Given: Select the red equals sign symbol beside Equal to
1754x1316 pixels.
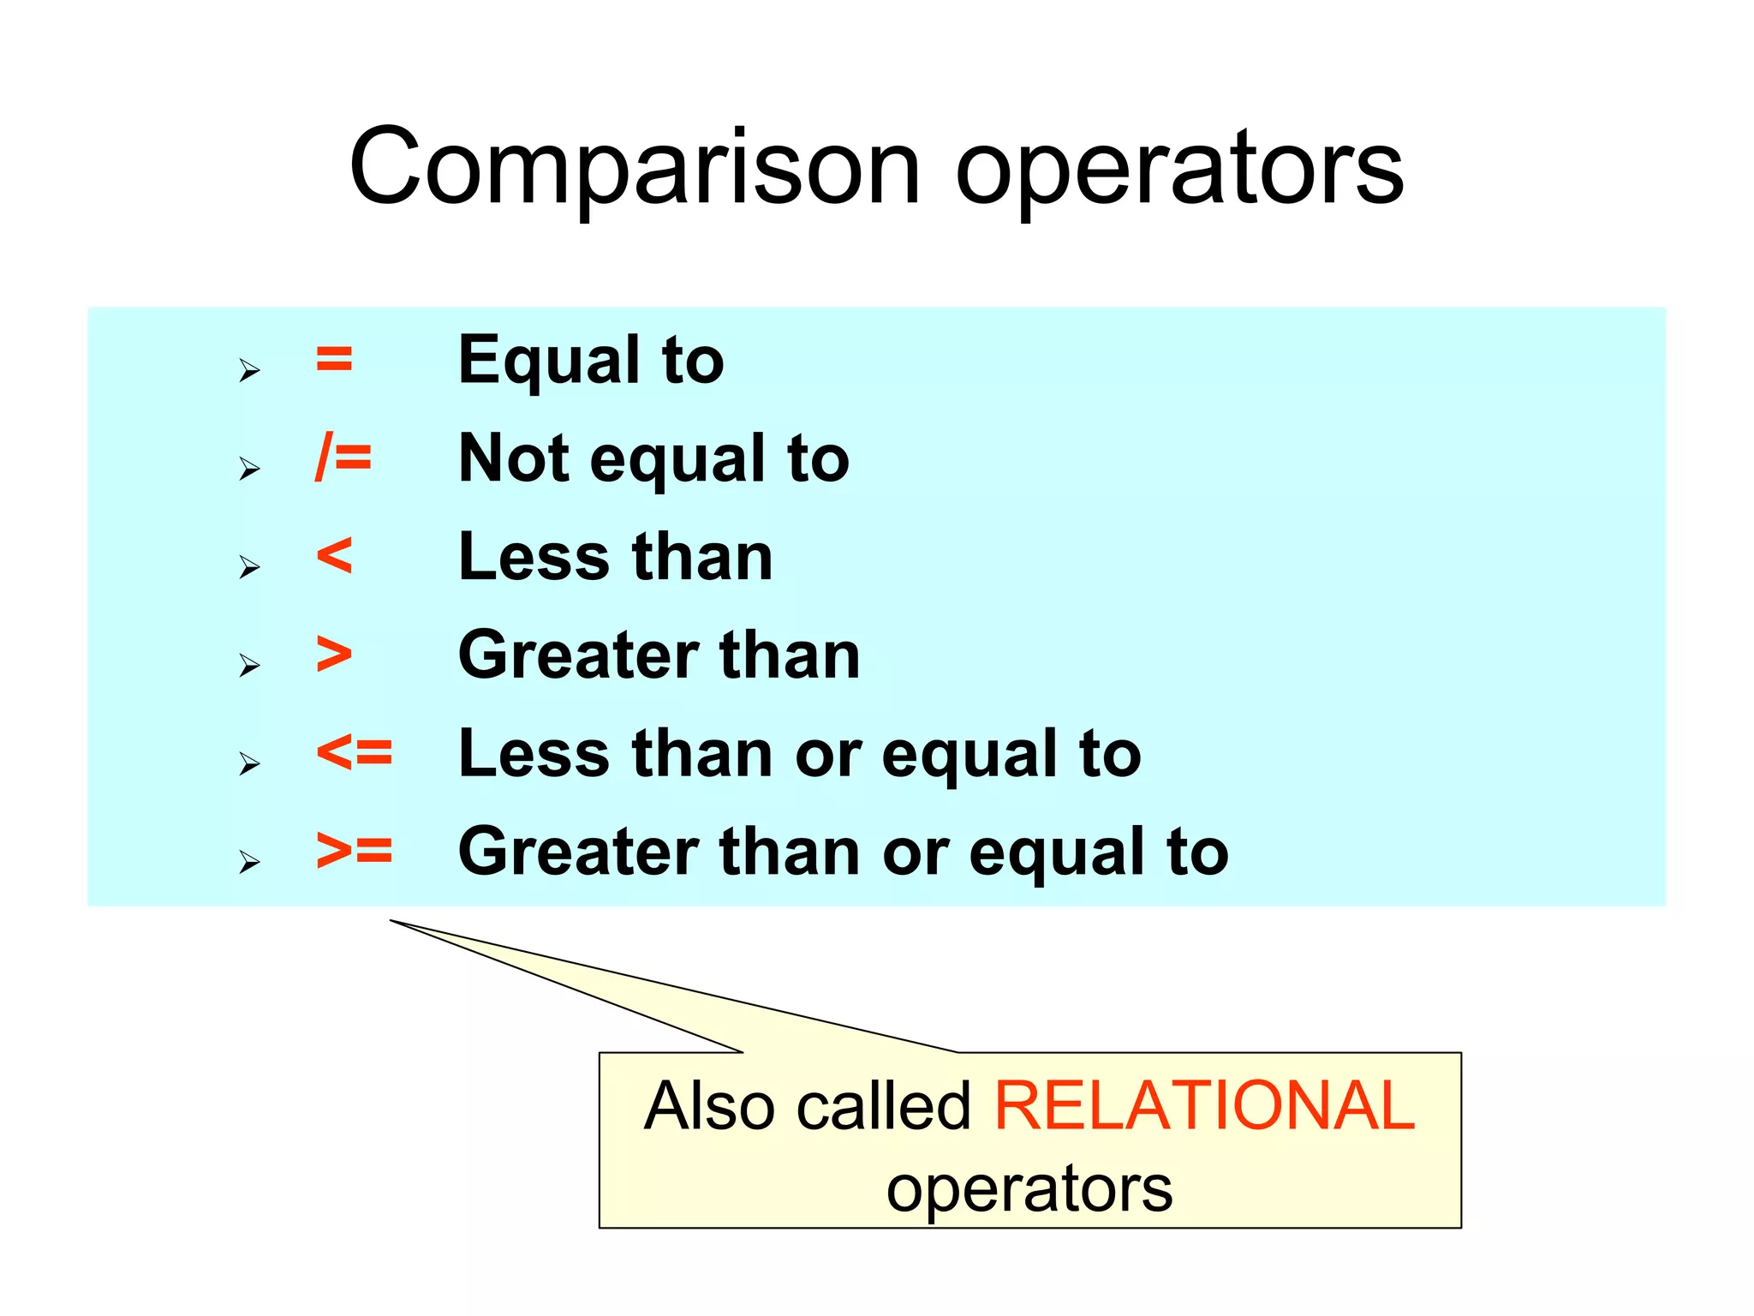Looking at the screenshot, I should coord(334,359).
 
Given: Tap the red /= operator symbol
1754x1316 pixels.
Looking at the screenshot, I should coord(343,457).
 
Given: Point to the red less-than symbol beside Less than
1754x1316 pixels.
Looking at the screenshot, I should coord(334,555).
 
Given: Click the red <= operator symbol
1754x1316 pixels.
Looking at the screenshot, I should coord(355,752).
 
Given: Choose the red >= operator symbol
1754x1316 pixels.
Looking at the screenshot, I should coord(355,851).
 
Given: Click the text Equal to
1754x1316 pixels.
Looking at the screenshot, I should coord(591,360).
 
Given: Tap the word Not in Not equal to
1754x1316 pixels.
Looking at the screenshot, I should coord(514,458).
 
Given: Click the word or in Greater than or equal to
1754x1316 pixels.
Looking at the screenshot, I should coord(915,853).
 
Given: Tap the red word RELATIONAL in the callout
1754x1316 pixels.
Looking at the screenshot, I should coord(1204,1105).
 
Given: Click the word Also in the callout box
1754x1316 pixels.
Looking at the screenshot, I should coord(711,1105).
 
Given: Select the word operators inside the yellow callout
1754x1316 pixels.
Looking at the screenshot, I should coord(1029,1189).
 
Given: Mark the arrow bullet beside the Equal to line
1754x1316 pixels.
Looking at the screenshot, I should coord(249,370).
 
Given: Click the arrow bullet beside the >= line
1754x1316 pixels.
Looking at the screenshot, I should coord(249,861).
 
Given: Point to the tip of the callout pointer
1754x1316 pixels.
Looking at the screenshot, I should coord(392,921).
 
